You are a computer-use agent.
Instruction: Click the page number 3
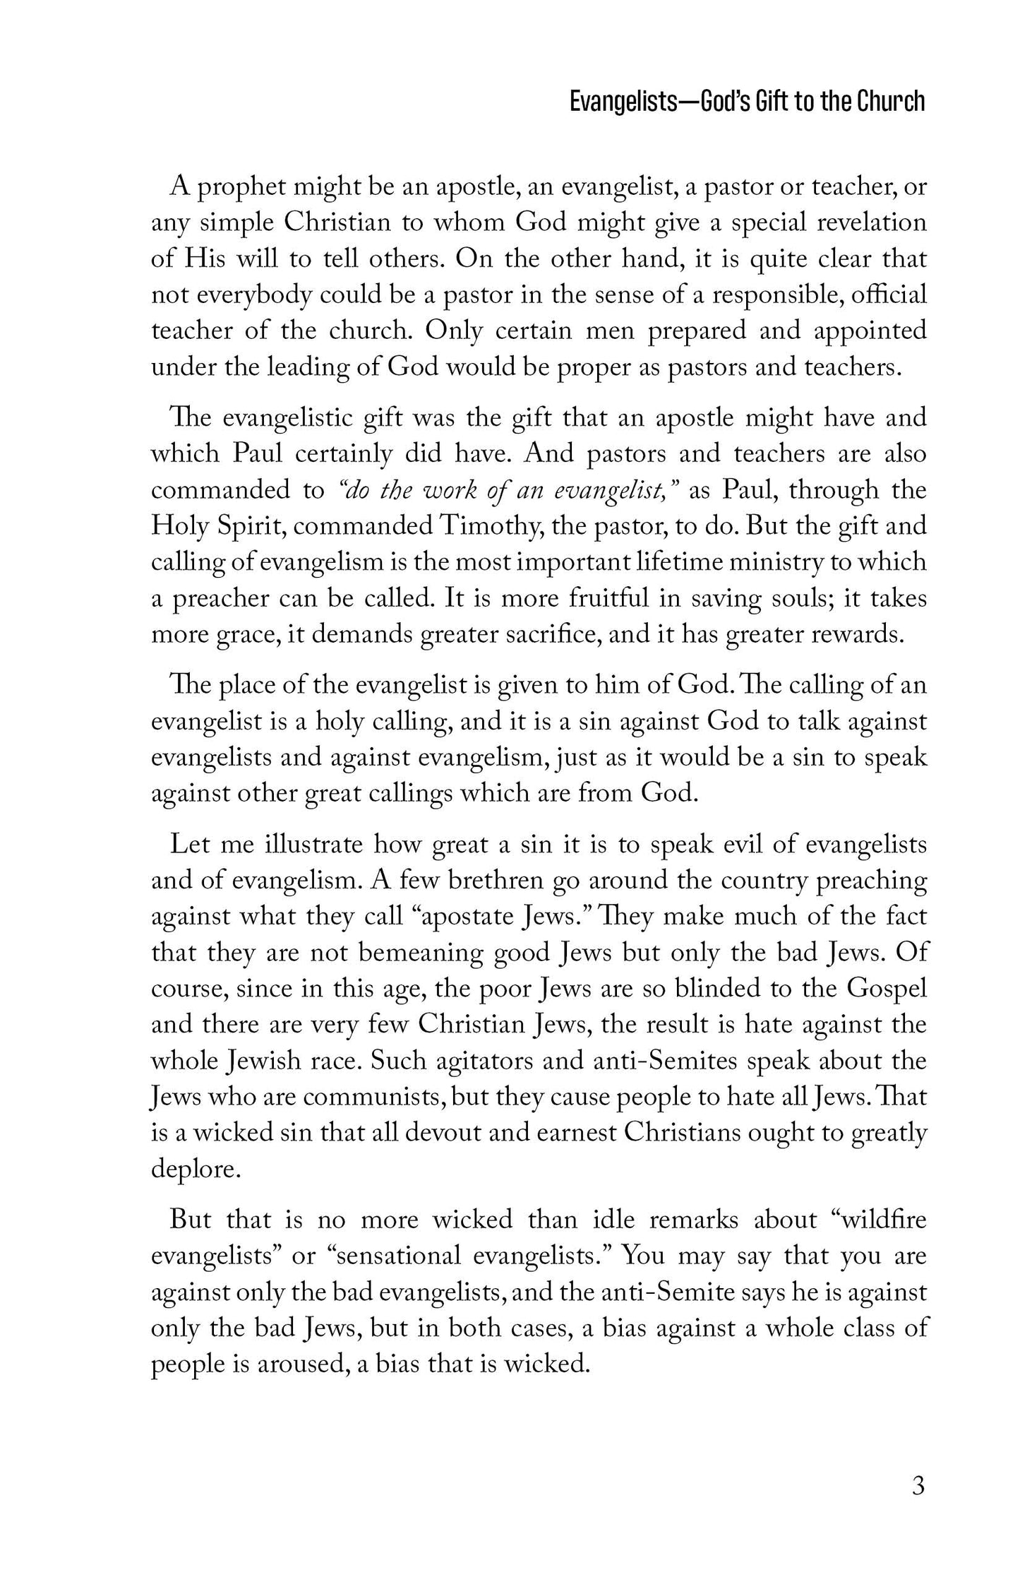click(918, 1486)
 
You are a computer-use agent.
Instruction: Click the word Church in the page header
click(892, 102)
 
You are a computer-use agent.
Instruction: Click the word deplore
click(196, 1170)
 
